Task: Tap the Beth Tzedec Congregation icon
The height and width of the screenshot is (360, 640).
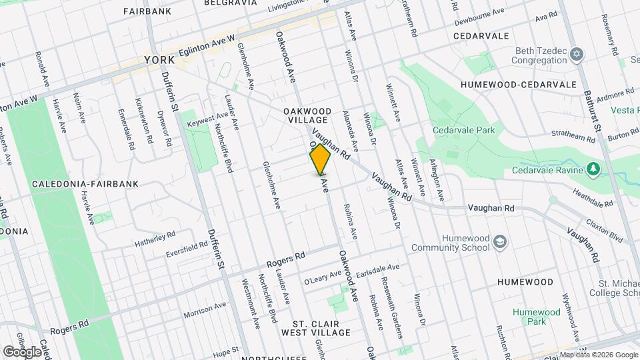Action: click(x=577, y=53)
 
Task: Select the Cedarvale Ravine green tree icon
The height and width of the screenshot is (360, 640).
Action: click(x=593, y=169)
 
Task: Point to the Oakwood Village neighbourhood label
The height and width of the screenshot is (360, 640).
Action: click(x=307, y=115)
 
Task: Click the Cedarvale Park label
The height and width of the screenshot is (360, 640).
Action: click(x=463, y=131)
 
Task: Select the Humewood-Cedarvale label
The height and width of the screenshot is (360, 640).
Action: click(x=517, y=85)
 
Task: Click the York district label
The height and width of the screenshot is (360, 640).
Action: click(x=159, y=61)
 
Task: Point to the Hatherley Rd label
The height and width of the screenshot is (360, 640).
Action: click(x=154, y=237)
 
